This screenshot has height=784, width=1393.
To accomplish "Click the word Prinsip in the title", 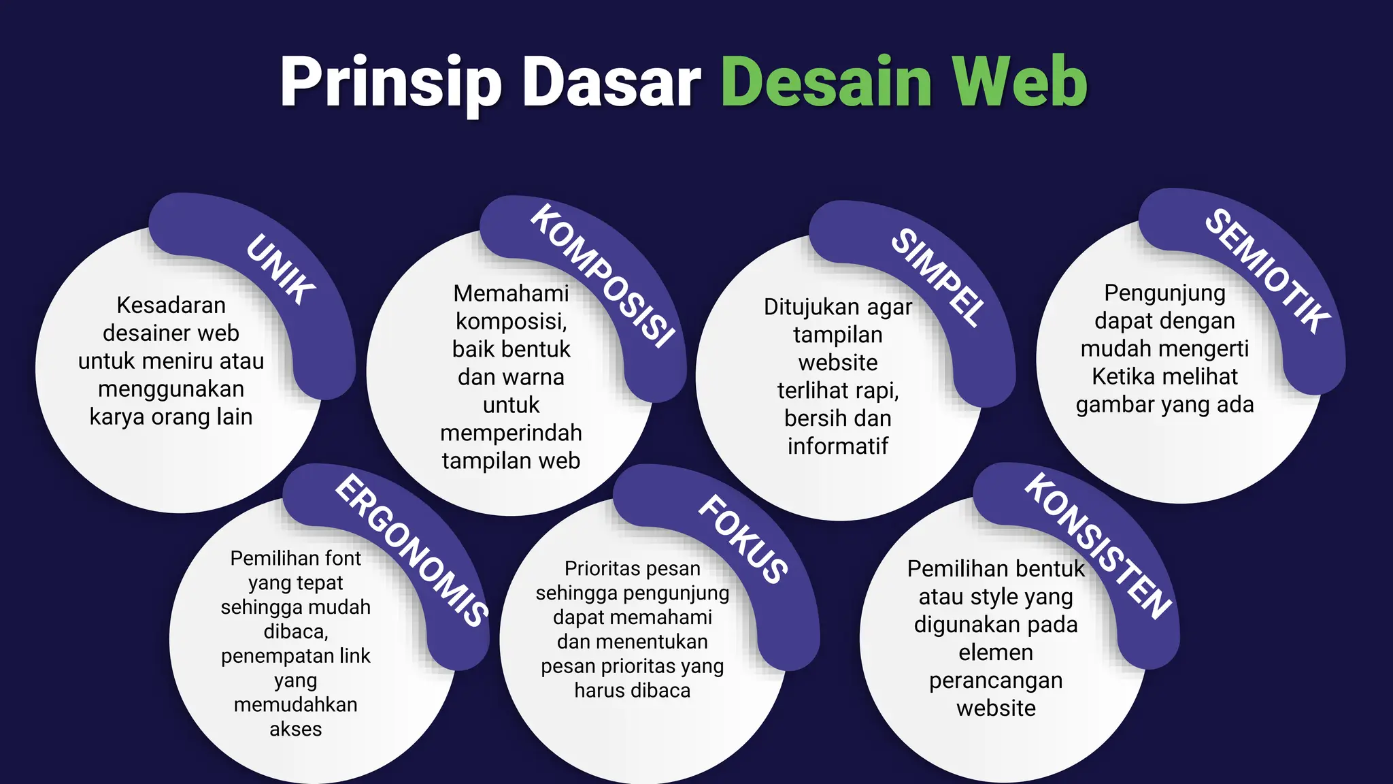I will point(390,83).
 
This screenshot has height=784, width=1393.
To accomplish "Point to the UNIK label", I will point(281,269).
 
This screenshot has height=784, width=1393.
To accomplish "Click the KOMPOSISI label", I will point(603,276).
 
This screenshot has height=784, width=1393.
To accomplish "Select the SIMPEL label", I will point(938,278).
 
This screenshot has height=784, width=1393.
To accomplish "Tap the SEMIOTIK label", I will point(1267,271).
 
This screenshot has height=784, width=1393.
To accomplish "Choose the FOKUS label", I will point(743,539).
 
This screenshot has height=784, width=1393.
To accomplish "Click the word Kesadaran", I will point(171,306).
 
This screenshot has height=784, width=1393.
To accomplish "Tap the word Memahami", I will point(511,293).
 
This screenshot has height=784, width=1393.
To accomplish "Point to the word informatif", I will point(838,446).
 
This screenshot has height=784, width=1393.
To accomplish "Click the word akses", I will point(295,729).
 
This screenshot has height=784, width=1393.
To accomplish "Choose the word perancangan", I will point(996,681).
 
